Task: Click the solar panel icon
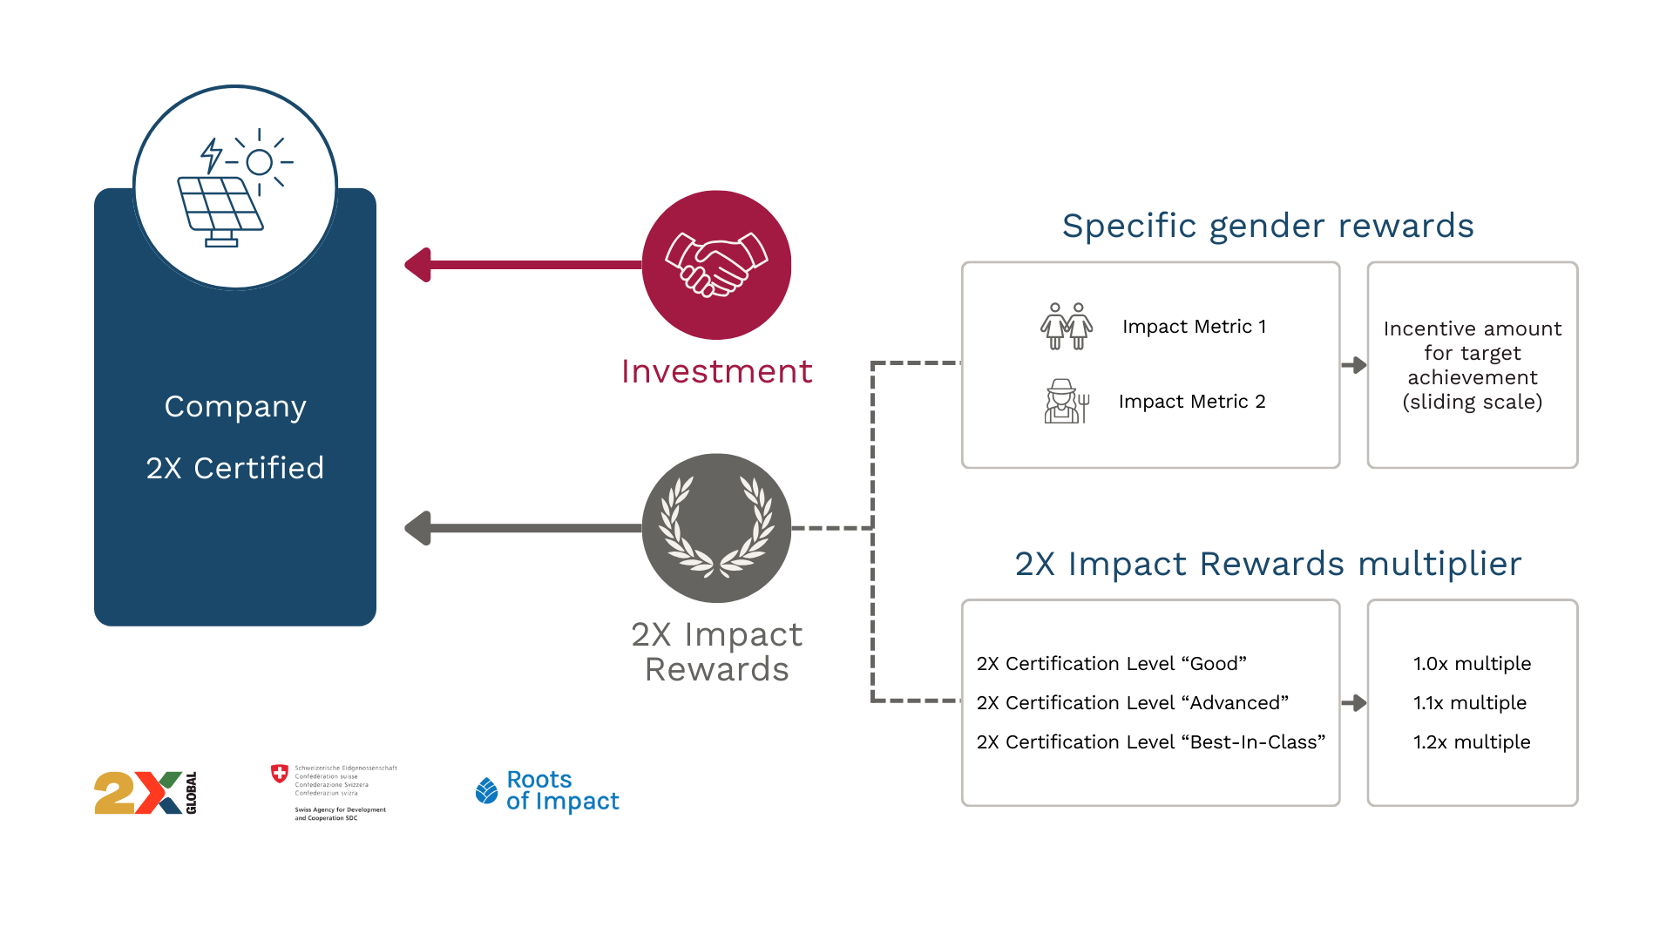(221, 210)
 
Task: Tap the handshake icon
(716, 263)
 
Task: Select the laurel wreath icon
(716, 527)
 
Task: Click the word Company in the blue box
(235, 407)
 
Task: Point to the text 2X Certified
(235, 468)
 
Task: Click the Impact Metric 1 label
(1194, 327)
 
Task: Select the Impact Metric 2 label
(1192, 402)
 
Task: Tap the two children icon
(1067, 326)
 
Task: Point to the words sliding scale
(1473, 402)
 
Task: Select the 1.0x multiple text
(1472, 664)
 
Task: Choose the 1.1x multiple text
(1470, 703)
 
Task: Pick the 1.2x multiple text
(1472, 742)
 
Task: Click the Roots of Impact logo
(547, 789)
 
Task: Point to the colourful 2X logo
(139, 802)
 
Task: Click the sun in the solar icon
(259, 162)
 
